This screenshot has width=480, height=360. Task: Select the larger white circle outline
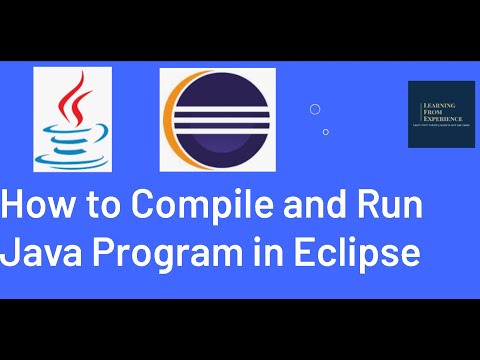[x=314, y=109]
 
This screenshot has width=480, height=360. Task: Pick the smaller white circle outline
[x=326, y=131]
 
